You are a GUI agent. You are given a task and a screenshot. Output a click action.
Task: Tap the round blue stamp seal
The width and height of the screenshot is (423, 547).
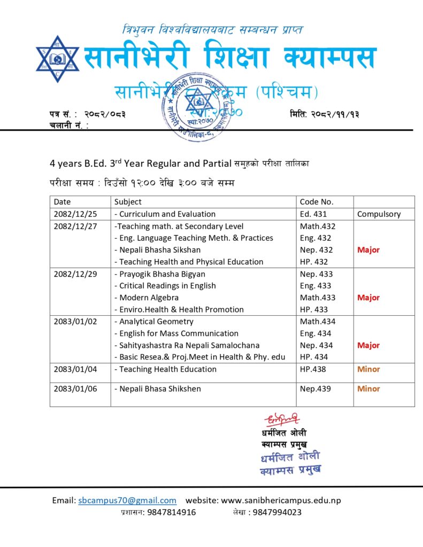point(198,105)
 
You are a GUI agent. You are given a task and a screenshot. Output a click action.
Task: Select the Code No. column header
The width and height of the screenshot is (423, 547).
point(317,202)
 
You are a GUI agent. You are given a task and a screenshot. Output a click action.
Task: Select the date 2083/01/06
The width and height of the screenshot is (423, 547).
point(75,389)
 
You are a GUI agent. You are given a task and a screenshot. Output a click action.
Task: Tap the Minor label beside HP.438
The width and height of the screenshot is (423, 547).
point(368,369)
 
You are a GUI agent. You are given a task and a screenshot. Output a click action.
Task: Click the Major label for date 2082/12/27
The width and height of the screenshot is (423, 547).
point(368,250)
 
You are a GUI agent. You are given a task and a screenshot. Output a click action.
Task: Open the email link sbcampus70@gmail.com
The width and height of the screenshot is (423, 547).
point(127,501)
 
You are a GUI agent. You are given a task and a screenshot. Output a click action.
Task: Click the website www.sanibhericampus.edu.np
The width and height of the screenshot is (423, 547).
point(281,501)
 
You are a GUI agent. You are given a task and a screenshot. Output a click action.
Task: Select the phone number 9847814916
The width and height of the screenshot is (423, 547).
point(172,512)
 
